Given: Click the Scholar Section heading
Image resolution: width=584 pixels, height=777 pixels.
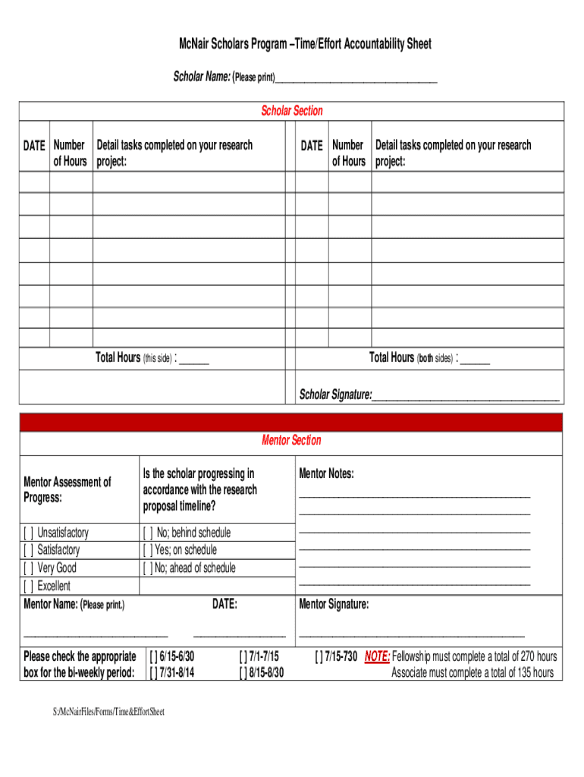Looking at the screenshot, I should (x=292, y=111).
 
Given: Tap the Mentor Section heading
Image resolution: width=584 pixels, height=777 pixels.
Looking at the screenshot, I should (x=291, y=440).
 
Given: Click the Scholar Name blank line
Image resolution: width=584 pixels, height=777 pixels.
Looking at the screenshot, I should (x=356, y=79).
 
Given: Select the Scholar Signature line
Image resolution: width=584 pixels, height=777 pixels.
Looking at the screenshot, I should (x=466, y=396).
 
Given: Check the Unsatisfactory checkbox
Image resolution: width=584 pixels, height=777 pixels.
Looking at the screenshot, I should (x=29, y=533).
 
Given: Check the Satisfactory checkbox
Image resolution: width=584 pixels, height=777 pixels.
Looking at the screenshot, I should (x=29, y=550).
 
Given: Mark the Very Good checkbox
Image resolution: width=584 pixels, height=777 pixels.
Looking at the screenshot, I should (x=29, y=568).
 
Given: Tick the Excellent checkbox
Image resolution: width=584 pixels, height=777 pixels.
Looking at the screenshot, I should (x=29, y=586).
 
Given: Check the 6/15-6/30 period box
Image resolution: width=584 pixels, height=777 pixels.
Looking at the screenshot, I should (x=154, y=656).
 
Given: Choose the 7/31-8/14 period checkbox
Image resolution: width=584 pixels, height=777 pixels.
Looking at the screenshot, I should (x=154, y=672).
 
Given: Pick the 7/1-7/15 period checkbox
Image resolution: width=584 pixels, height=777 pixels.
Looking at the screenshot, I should (x=243, y=656).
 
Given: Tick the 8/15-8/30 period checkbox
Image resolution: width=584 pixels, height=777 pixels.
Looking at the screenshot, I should (x=243, y=672).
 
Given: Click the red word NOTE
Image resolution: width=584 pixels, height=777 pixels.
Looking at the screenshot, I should (x=377, y=656).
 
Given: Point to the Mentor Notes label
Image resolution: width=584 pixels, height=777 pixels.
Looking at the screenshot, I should (x=326, y=474).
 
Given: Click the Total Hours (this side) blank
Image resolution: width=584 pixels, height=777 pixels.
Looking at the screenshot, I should (x=194, y=359).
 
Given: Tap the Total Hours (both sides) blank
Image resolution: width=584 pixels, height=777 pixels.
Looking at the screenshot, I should (x=475, y=359).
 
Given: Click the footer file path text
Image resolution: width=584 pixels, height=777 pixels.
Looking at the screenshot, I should (x=108, y=712).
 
